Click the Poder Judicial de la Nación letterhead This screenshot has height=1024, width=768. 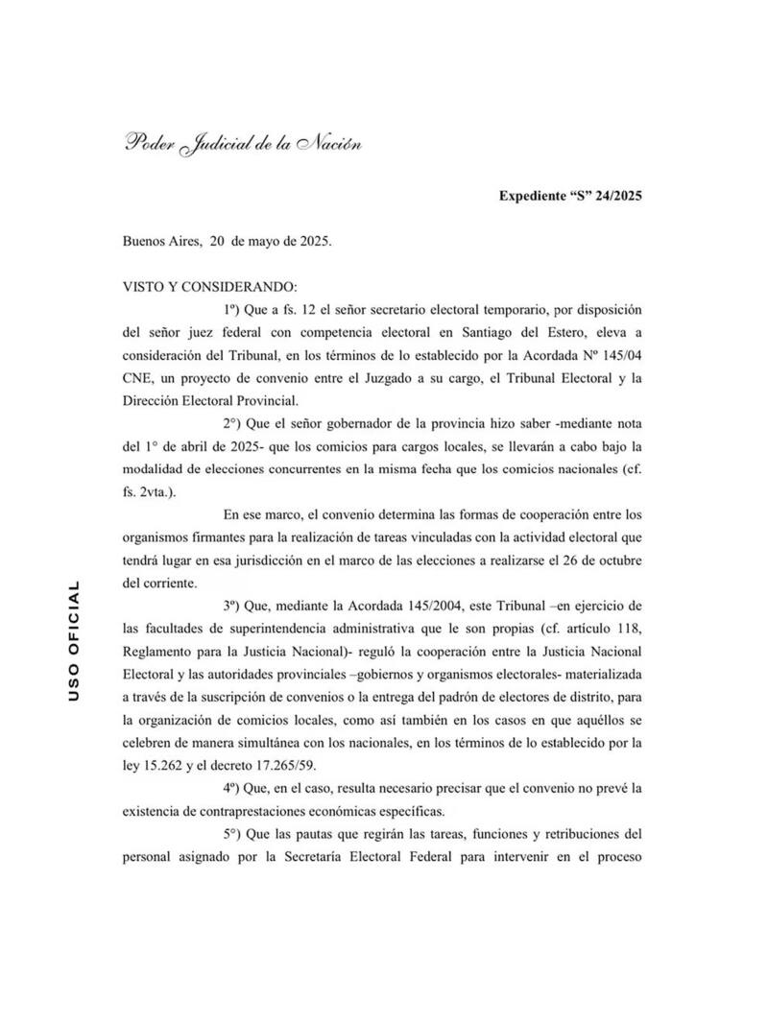pyautogui.click(x=242, y=144)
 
